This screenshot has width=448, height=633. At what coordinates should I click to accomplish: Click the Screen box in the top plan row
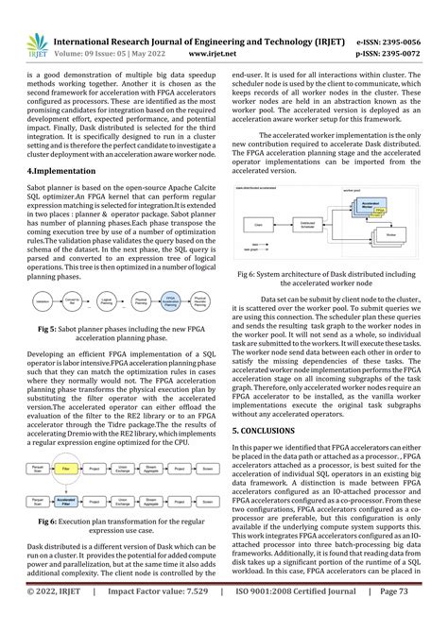pos(207,440)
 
